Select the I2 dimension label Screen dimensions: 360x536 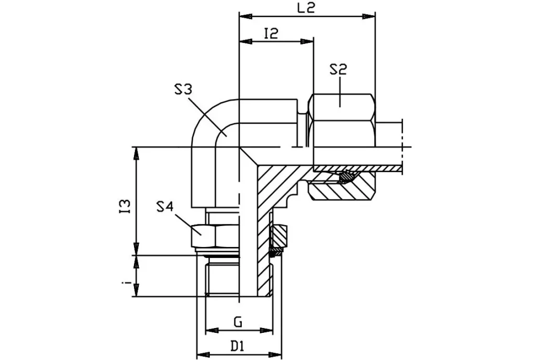[x=271, y=34]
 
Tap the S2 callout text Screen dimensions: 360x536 [x=339, y=70]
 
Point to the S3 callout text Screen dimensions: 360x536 [x=183, y=89]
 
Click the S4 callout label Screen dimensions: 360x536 [x=165, y=207]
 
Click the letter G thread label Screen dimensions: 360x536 [x=238, y=322]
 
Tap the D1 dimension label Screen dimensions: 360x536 [x=238, y=346]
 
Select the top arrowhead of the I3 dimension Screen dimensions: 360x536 [x=137, y=152]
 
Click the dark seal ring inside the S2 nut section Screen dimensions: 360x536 [x=346, y=178]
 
